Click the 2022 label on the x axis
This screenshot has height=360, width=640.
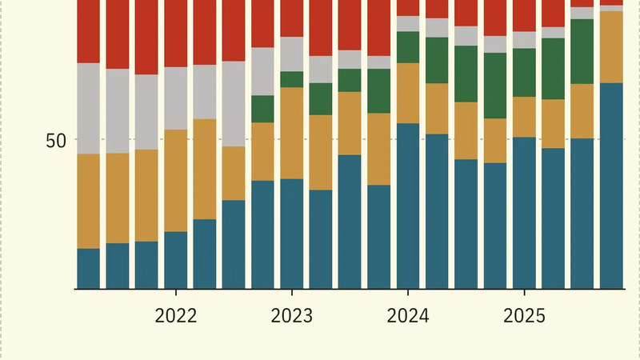pos(175,316)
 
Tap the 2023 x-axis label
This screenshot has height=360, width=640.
pos(292,316)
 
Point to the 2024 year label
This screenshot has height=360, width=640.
pos(408,316)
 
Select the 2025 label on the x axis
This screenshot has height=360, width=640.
pos(524,316)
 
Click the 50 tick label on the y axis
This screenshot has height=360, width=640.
pos(56,140)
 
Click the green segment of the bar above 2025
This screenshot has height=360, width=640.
pos(524,72)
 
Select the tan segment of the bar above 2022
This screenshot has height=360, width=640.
pos(175,180)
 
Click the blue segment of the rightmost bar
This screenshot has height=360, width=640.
pos(611,185)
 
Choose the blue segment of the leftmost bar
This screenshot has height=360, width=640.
pos(88,268)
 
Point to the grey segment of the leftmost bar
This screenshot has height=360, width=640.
pos(88,108)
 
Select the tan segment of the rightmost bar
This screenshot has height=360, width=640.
pos(611,46)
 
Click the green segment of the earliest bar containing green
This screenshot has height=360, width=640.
pos(263,109)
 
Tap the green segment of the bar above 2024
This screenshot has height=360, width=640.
pos(408,47)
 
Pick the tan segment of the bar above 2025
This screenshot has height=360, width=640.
pos(524,117)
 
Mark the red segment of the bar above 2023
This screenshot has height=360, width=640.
pos(292,18)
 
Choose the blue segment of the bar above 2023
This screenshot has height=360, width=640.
pos(292,233)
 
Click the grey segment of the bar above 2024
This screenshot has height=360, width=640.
pos(408,23)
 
